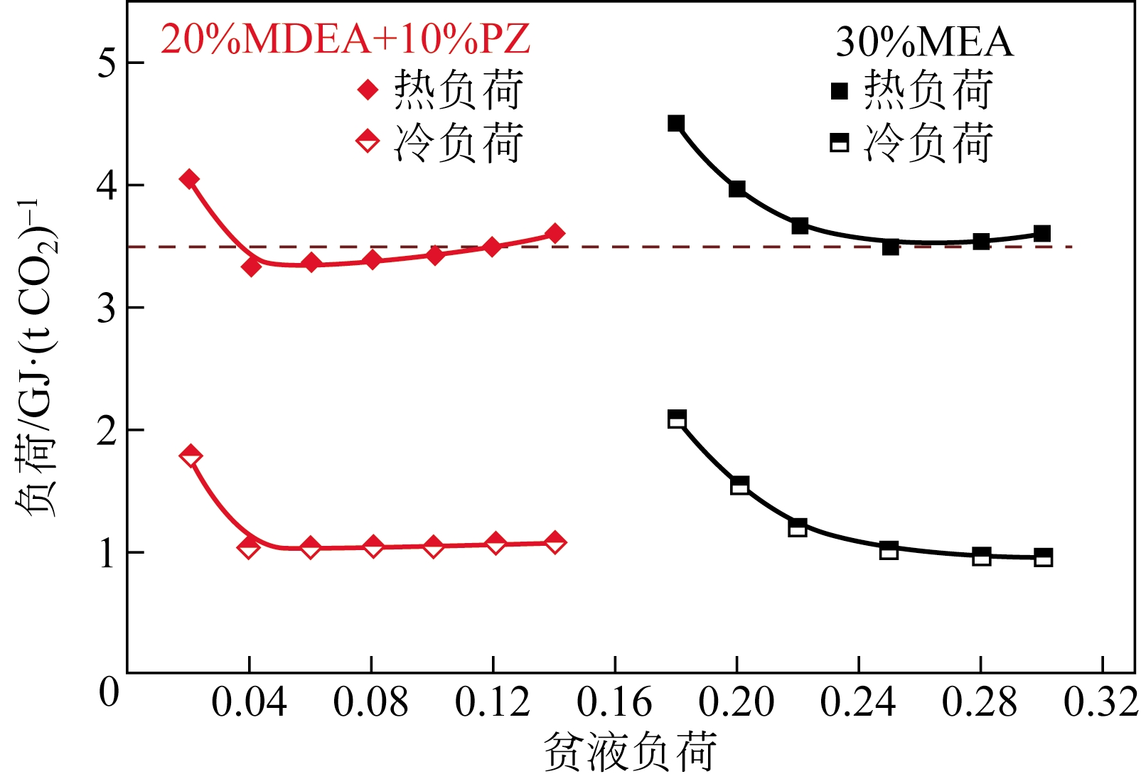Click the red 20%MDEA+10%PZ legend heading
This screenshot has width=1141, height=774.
(x=345, y=39)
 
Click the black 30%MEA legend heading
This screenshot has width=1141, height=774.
(x=923, y=42)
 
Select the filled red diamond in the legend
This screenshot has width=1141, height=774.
(x=368, y=90)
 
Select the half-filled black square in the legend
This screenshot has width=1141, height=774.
(x=840, y=143)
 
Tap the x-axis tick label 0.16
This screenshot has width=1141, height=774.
(x=614, y=703)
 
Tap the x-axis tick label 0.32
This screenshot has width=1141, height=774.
(x=1100, y=703)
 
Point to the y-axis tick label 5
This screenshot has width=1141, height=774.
(x=107, y=63)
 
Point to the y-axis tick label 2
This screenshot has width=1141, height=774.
(x=107, y=431)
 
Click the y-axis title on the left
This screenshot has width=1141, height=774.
(x=36, y=359)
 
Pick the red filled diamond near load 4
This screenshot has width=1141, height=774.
(x=189, y=179)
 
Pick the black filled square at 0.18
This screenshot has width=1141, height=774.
(x=676, y=124)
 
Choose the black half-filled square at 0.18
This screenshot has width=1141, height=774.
(x=677, y=419)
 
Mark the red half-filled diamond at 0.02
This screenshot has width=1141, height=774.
(x=191, y=456)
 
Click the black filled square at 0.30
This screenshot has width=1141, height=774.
(x=1042, y=233)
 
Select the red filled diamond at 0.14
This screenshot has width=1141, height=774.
(x=555, y=233)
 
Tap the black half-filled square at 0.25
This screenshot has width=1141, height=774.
(x=889, y=550)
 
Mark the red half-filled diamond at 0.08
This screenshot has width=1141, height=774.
(x=373, y=547)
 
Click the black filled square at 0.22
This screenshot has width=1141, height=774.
(x=799, y=226)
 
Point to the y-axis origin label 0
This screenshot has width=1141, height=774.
(x=109, y=692)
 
